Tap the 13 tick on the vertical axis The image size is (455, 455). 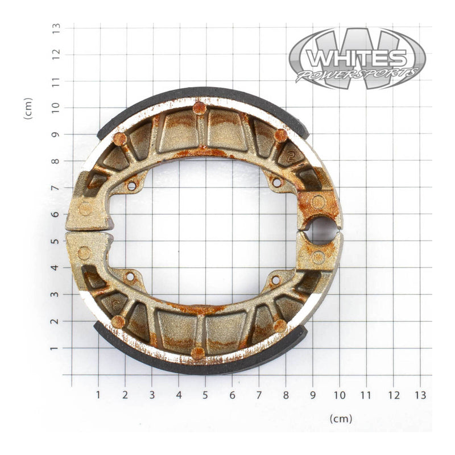click(56, 27)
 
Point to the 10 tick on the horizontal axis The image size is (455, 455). click(340, 394)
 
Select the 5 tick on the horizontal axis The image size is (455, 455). click(205, 394)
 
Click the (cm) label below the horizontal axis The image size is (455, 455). click(341, 419)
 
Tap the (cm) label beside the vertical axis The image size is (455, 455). click(28, 107)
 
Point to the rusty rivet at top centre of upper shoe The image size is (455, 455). click(198, 107)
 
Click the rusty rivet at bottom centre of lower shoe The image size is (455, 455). click(197, 353)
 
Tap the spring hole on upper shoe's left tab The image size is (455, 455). click(131, 185)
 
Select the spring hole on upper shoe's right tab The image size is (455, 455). click(277, 183)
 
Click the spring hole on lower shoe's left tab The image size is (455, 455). click(130, 277)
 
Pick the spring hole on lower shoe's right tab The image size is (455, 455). click(276, 280)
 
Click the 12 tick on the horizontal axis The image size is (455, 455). click(394, 394)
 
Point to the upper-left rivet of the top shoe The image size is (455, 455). click(119, 139)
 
